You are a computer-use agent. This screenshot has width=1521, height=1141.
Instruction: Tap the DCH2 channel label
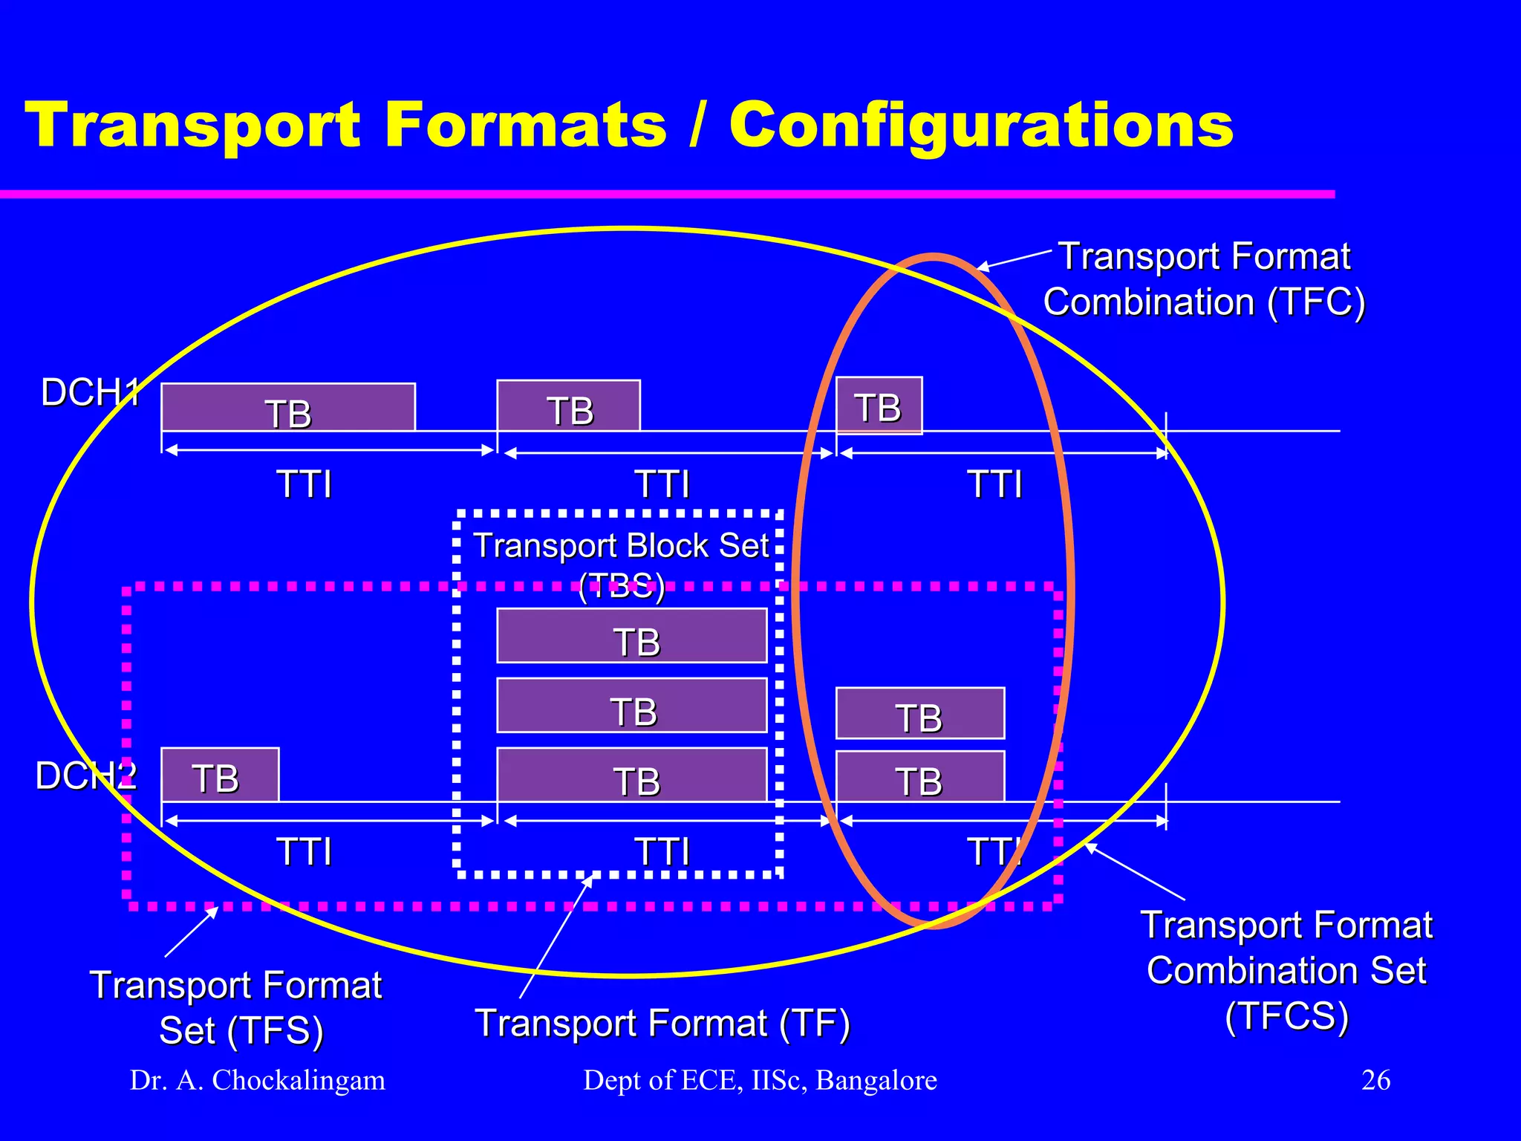click(x=86, y=776)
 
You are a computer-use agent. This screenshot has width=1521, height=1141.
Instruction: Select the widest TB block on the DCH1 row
click(x=288, y=407)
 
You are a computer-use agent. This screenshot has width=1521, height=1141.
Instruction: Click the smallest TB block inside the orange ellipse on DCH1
click(x=879, y=406)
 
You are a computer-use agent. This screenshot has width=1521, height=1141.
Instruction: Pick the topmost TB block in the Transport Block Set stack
click(x=631, y=636)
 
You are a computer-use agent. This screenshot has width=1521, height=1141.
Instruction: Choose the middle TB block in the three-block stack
click(x=631, y=706)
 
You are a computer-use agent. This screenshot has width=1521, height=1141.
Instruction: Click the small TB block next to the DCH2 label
click(x=220, y=776)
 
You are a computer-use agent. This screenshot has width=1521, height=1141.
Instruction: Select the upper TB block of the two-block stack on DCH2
click(x=919, y=714)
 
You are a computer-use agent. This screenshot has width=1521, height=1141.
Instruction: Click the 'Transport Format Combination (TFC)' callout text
click(x=1204, y=279)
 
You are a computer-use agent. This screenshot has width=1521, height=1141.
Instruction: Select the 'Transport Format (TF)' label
click(x=662, y=1023)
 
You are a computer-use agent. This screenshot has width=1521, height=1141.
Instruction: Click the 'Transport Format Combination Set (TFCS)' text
click(x=1286, y=970)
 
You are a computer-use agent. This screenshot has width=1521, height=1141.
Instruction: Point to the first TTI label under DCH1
click(x=304, y=484)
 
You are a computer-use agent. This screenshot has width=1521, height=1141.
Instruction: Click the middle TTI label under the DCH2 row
click(x=662, y=851)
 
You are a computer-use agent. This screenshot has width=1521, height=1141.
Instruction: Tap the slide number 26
click(x=1375, y=1080)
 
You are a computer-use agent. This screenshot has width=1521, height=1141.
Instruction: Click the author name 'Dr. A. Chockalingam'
click(x=258, y=1080)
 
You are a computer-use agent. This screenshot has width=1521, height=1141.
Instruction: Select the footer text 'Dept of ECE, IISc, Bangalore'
click(x=760, y=1080)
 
